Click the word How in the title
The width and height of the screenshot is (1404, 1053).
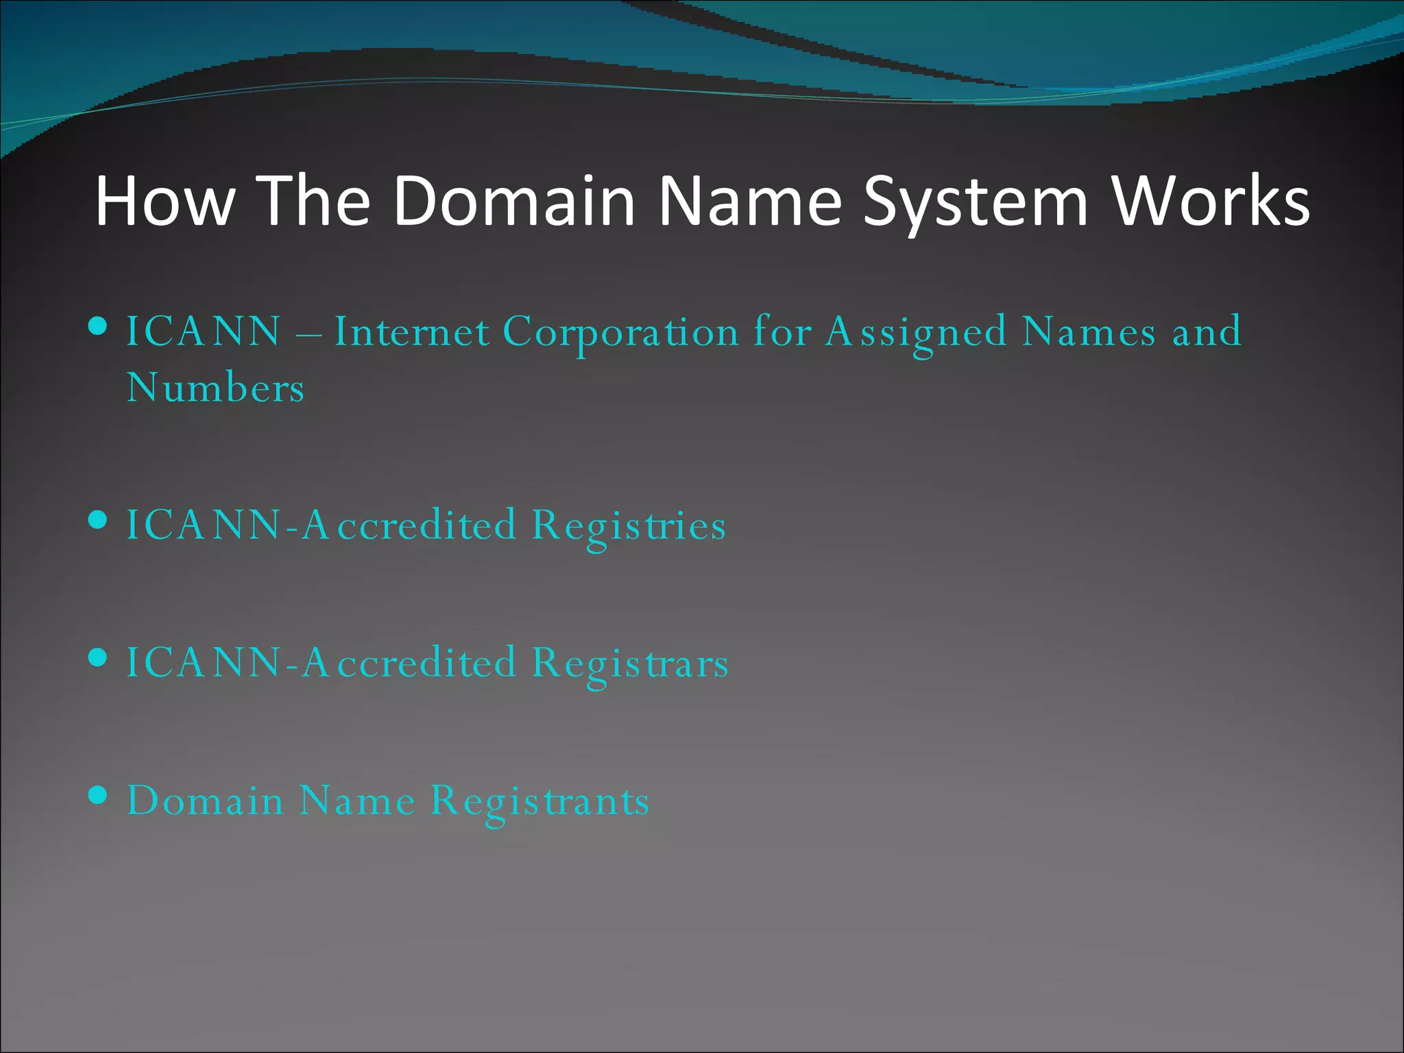(165, 201)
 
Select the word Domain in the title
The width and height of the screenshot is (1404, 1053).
(515, 201)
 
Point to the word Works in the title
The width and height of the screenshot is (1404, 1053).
(1211, 201)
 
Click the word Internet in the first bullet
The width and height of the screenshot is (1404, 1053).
(412, 332)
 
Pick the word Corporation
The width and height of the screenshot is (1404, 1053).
(620, 333)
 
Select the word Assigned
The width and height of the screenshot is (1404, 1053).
(916, 333)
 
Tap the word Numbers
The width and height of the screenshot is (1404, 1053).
(215, 388)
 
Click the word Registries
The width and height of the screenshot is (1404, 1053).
(629, 526)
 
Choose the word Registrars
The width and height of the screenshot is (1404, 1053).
(630, 664)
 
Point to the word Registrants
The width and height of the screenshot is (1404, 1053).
(540, 801)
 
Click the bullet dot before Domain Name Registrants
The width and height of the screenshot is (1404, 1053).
(99, 795)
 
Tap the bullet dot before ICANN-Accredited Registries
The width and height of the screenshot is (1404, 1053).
(99, 520)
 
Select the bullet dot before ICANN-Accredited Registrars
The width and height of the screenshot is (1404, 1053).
(99, 658)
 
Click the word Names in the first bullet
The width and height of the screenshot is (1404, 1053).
(1089, 332)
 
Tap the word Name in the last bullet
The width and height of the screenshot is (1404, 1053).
(357, 800)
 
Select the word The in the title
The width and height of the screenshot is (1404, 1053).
(316, 201)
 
